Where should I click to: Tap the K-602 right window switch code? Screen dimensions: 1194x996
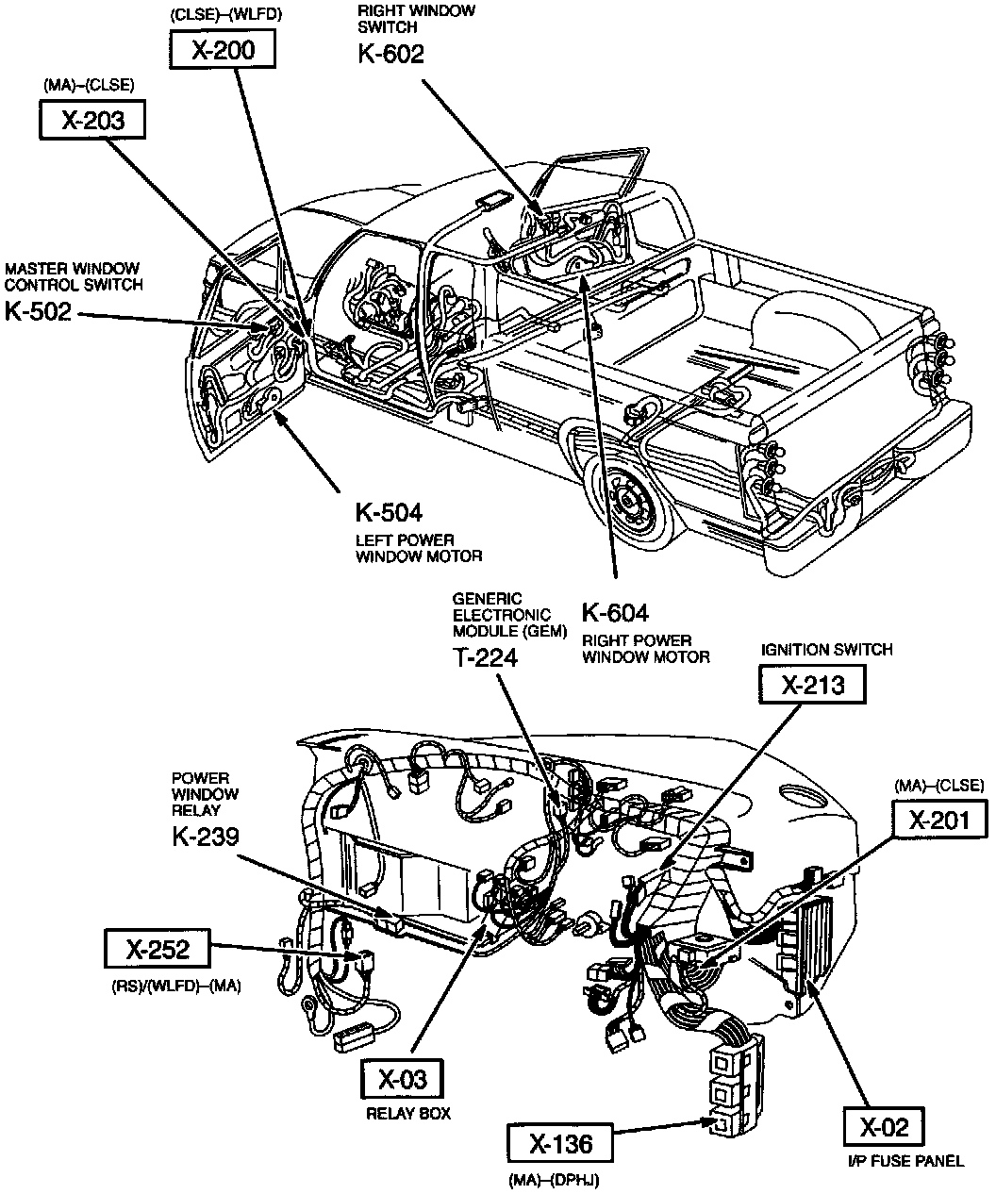[390, 54]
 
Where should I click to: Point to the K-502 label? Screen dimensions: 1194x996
[38, 311]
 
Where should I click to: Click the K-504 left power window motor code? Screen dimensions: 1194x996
[389, 512]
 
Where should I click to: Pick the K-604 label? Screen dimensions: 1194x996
[615, 613]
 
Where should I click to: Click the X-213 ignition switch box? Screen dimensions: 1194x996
[813, 685]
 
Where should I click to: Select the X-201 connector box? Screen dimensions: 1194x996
[938, 820]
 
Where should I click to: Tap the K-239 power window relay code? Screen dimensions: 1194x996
[206, 836]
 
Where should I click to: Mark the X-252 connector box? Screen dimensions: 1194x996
[158, 950]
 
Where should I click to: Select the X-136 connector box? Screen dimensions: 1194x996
[560, 1144]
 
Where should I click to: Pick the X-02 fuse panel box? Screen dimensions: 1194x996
[884, 1127]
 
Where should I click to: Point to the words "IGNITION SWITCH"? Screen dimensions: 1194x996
[826, 650]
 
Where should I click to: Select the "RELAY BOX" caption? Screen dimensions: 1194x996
[408, 1114]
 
